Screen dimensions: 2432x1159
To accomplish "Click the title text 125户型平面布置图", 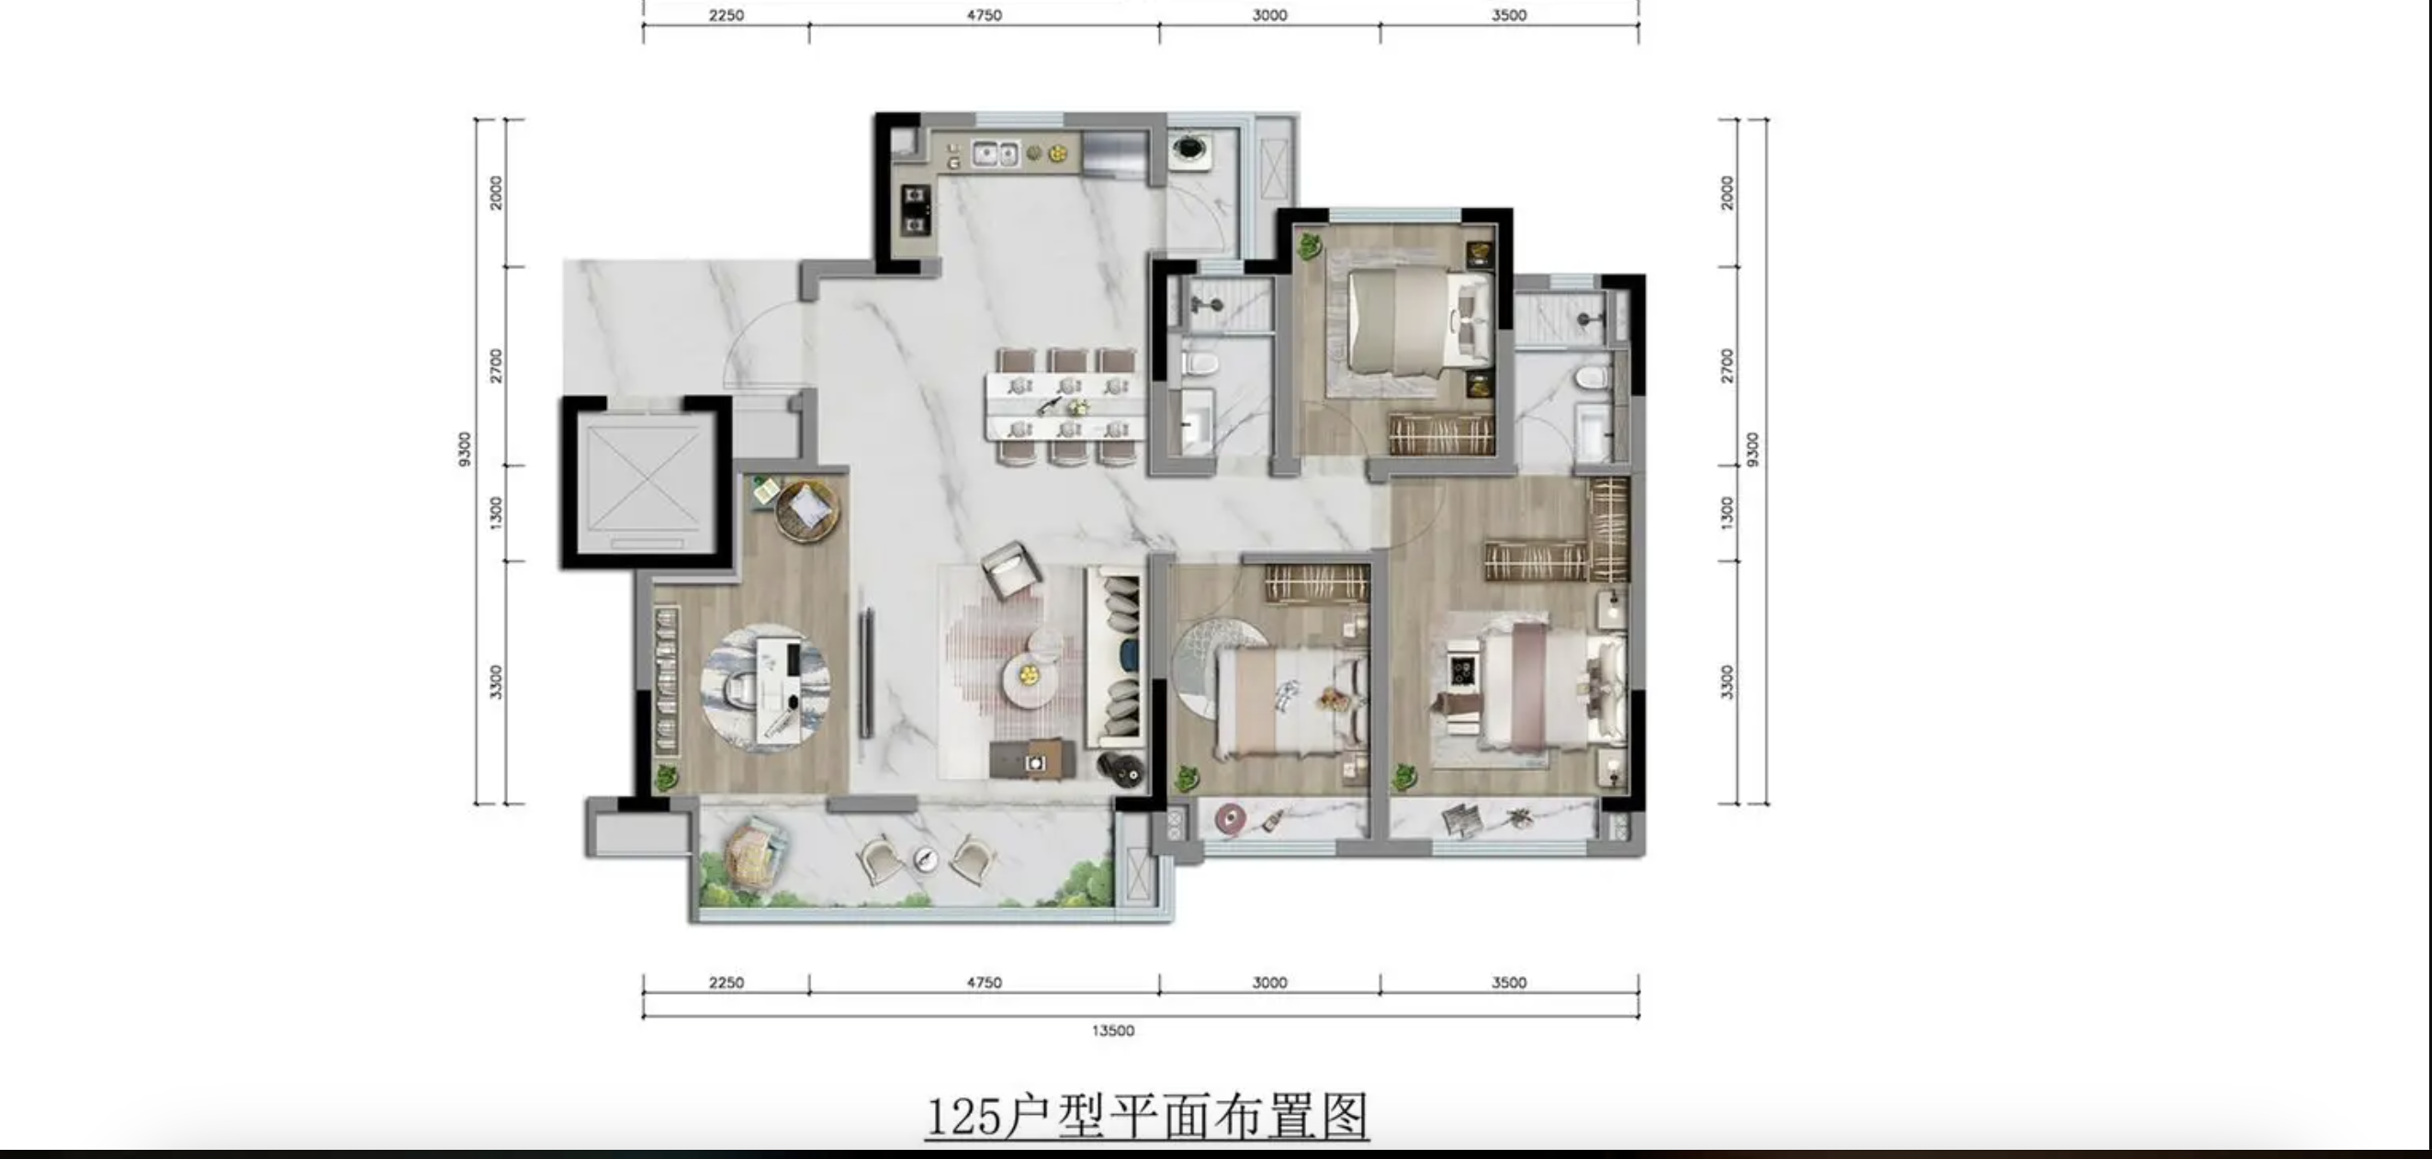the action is click(x=1147, y=1117).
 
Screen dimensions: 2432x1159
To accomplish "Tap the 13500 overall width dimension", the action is click(x=1113, y=1030).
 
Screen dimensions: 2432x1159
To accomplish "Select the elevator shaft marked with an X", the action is click(x=646, y=482).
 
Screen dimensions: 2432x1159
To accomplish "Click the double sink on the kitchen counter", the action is click(x=996, y=152).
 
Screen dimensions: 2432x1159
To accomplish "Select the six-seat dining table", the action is click(x=1067, y=406).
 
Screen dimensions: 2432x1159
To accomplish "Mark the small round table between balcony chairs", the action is click(x=924, y=858).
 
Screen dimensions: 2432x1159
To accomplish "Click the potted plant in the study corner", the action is click(x=667, y=778).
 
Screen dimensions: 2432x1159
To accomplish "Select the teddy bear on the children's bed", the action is click(x=1333, y=698).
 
